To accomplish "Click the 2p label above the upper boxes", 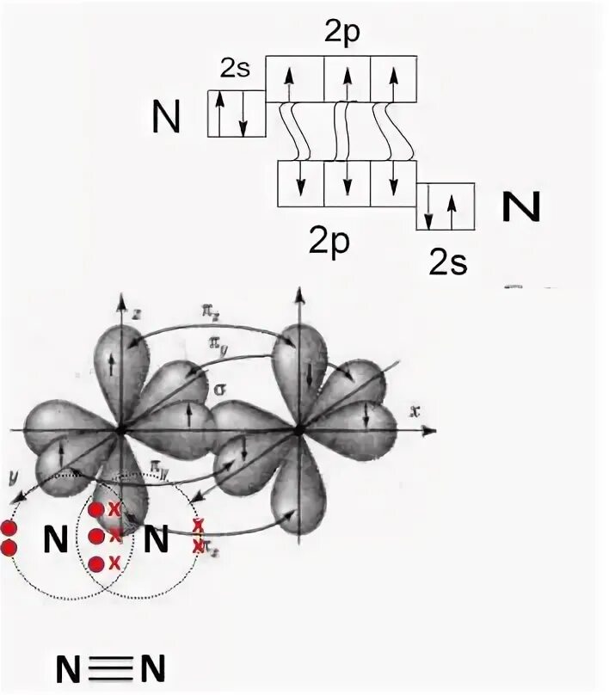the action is tap(341, 33).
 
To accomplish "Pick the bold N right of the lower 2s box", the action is tap(520, 206).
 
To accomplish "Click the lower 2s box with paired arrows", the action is tap(446, 206).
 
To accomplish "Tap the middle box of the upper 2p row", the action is tap(348, 80).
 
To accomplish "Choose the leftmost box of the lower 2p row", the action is tap(301, 184).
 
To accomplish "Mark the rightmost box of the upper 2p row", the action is tap(394, 80).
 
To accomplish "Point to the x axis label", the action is tap(415, 412).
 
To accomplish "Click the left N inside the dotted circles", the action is tap(55, 540).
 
